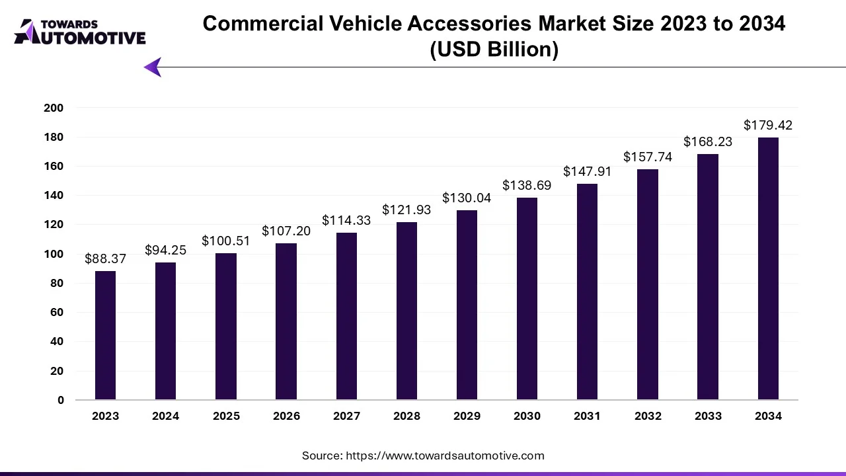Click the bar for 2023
coord(105,335)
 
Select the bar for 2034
coord(768,268)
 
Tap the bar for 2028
coord(406,311)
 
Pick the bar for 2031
coord(587,292)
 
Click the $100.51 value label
coord(226,241)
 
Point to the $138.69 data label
coord(527,186)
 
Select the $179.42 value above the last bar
coord(768,126)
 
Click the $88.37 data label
coord(105,259)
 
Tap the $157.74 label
coord(648,157)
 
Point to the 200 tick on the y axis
coord(54,108)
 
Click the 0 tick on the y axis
coord(61,400)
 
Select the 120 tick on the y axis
coord(54,225)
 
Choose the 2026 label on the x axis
coord(286,416)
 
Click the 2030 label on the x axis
coord(527,416)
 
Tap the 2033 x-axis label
coord(708,416)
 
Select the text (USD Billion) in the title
coord(494,50)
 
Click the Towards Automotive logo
coord(79,32)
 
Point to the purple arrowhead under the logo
coord(153,67)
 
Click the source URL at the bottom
coord(444,456)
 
